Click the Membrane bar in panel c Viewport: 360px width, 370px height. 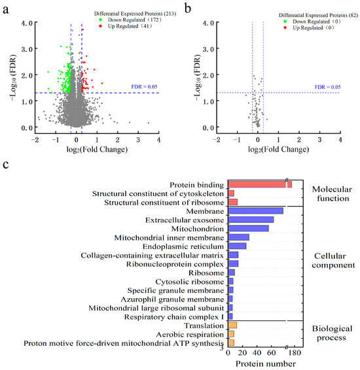[255, 210]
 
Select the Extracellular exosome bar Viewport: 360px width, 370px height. [251, 220]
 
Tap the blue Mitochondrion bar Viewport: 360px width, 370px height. [249, 228]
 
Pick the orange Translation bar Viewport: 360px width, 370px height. [232, 326]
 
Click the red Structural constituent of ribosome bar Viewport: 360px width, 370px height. [232, 202]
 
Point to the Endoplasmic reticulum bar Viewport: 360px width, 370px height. [237, 246]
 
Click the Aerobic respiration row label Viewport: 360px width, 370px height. [190, 335]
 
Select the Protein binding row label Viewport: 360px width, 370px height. [196, 185]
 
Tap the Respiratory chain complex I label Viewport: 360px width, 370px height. [174, 317]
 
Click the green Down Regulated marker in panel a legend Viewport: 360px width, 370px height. [100, 20]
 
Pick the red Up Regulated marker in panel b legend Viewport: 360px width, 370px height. [285, 27]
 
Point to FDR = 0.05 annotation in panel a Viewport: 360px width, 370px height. [145, 87]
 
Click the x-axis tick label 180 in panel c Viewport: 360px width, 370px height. [295, 353]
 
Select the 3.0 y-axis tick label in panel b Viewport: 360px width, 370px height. [209, 49]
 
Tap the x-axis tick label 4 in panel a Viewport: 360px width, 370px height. [158, 140]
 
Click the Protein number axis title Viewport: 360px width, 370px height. [266, 363]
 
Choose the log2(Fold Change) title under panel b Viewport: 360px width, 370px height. [278, 149]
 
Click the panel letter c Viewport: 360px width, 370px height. [6, 165]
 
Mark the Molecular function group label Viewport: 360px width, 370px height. [332, 193]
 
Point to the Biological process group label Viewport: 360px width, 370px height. [332, 333]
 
